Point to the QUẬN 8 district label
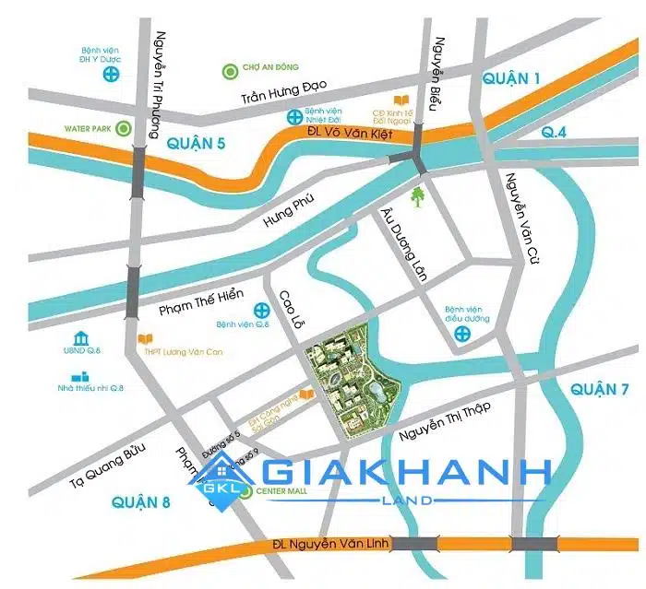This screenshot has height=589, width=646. point(140,502)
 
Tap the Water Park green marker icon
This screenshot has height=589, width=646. point(123,129)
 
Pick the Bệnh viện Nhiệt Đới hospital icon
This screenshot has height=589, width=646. point(293,117)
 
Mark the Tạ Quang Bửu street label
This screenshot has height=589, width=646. point(109,463)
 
